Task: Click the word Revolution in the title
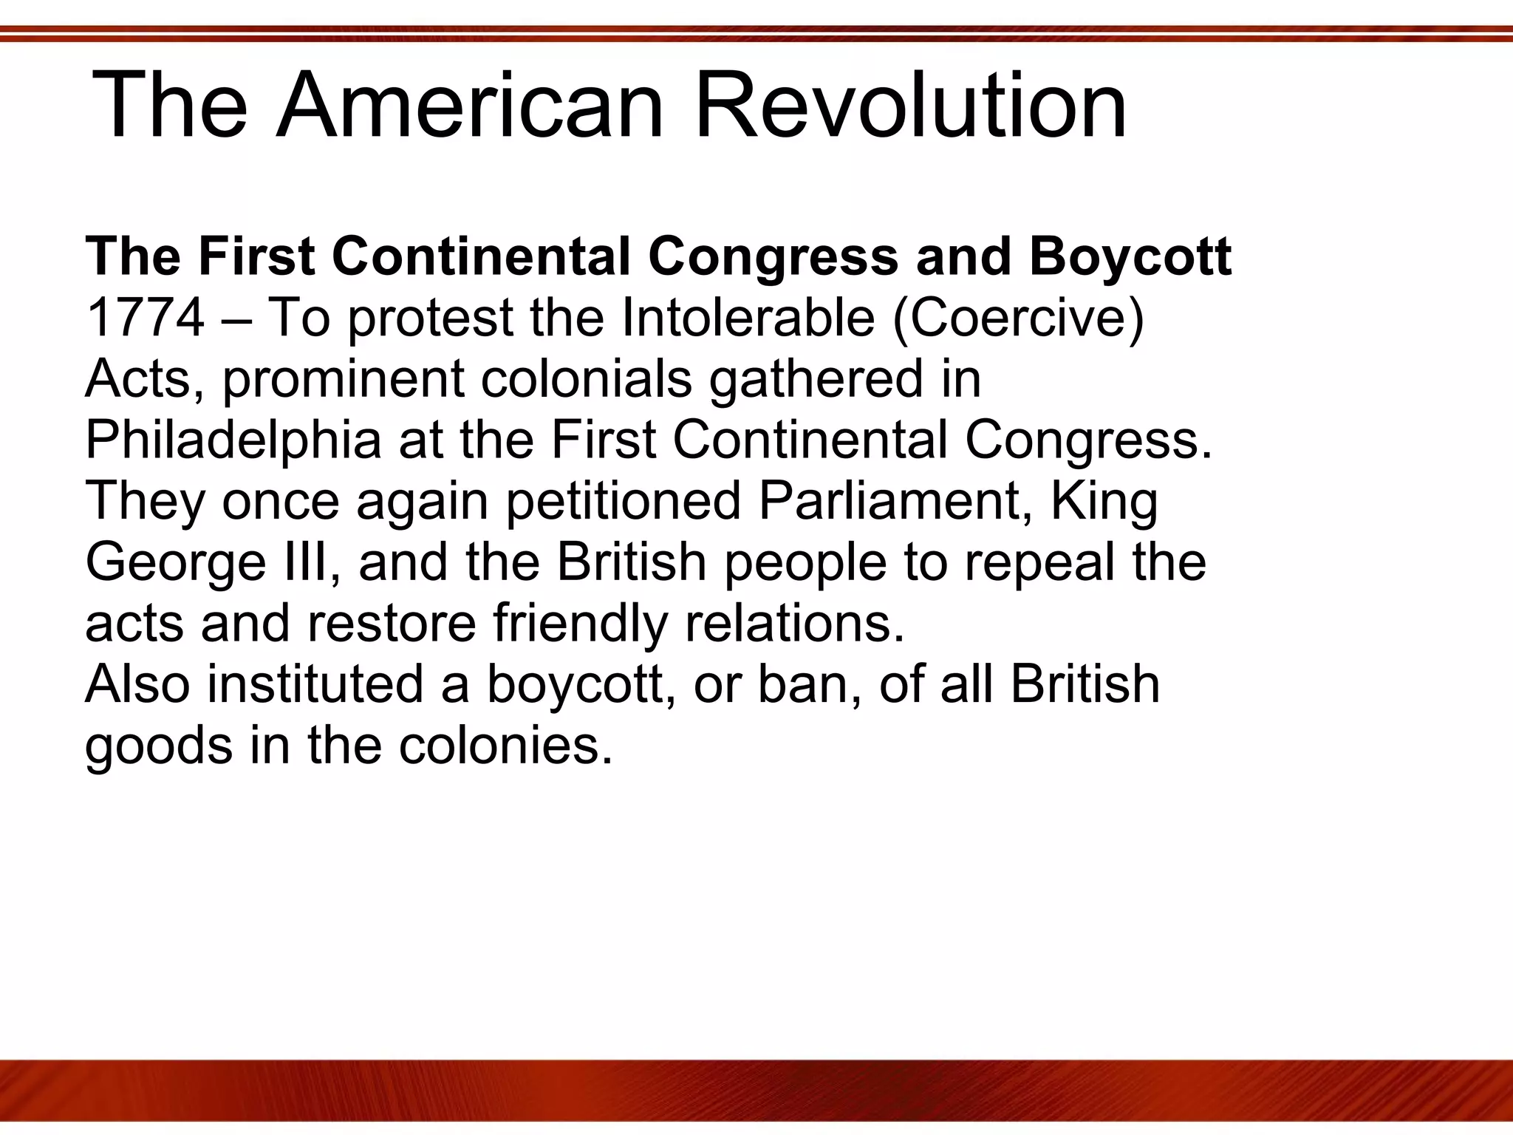click(911, 105)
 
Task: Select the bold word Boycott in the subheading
click(1130, 257)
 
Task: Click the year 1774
click(145, 318)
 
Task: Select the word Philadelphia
click(233, 440)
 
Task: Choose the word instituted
click(315, 684)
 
